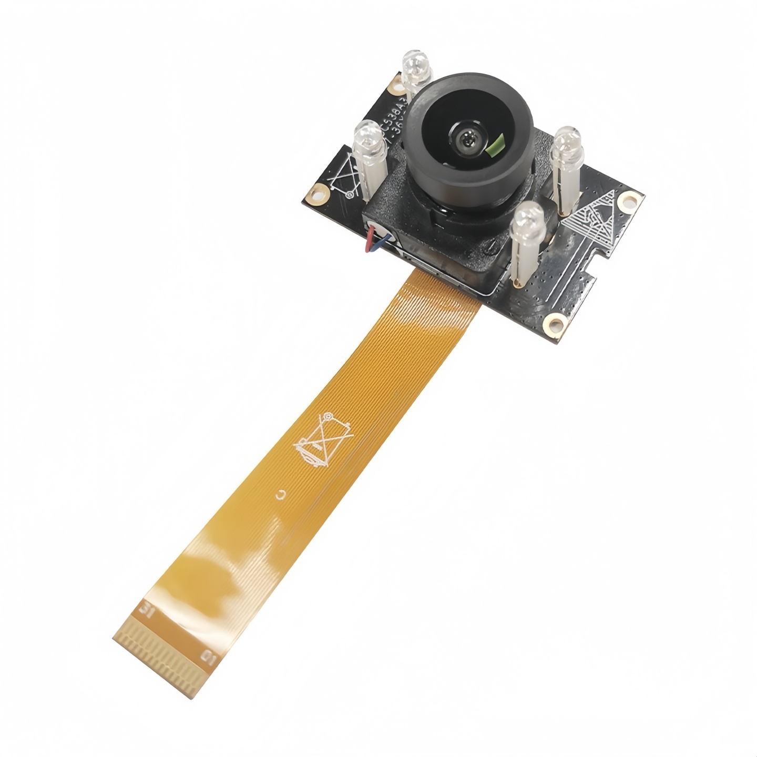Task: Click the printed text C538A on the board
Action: [x=395, y=112]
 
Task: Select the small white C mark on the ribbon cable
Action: [x=281, y=494]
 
